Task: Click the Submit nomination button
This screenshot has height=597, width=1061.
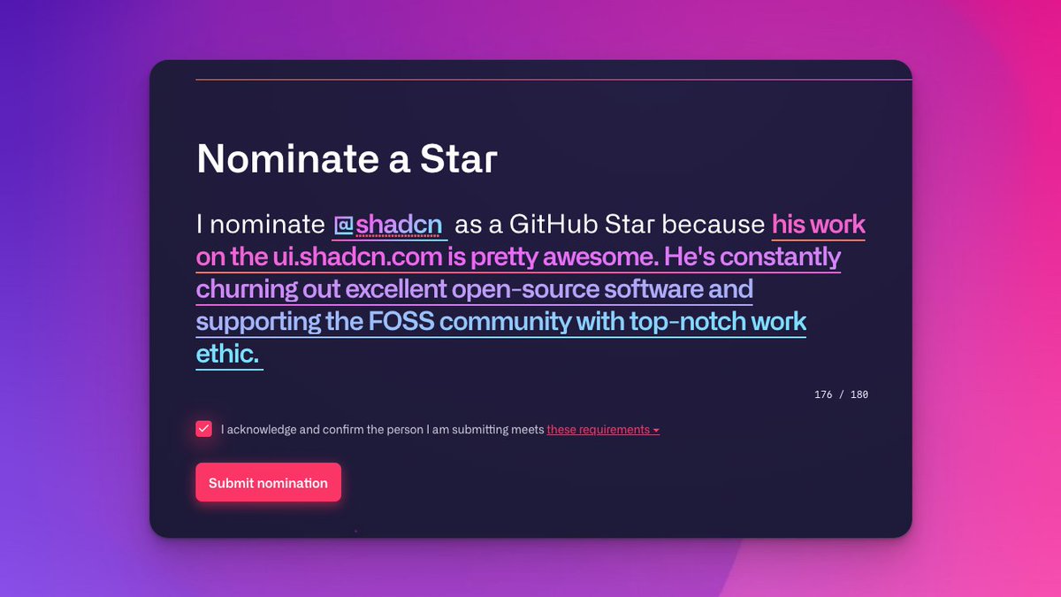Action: tap(268, 483)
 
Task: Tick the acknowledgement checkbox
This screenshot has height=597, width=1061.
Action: tap(204, 429)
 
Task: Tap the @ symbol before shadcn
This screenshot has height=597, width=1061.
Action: tap(344, 225)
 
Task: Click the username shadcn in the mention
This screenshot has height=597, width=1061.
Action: tap(399, 225)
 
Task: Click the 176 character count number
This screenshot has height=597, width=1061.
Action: tap(823, 394)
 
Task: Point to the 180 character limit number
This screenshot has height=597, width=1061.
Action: tap(859, 394)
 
